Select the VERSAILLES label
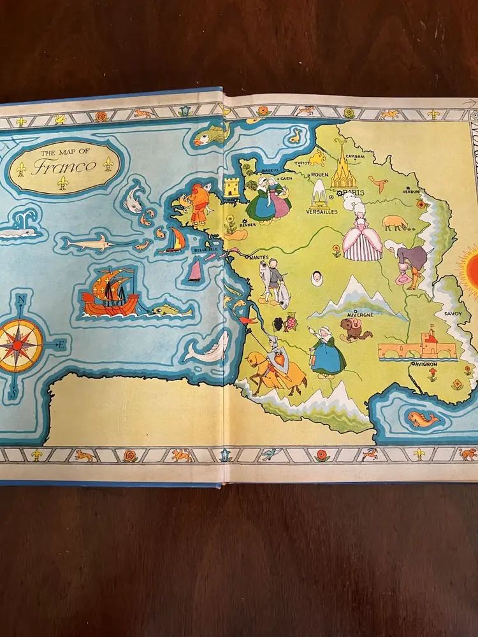pos(322,211)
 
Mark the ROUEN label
pos(321,174)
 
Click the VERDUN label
pos(411,190)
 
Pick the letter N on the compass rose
pos(21,300)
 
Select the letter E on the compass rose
pos(62,345)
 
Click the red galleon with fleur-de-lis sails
pos(110,295)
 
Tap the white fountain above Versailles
pos(319,193)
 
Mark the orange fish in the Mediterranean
pos(423,419)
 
